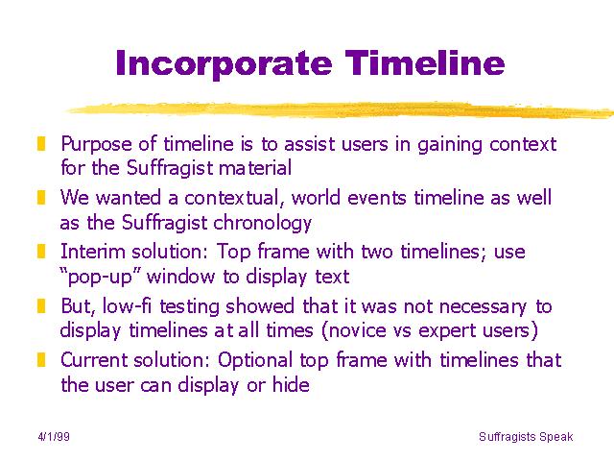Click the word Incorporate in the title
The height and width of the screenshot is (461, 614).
pyautogui.click(x=224, y=64)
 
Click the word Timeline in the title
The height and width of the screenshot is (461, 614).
pyautogui.click(x=425, y=62)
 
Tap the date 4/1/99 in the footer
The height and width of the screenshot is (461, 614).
pyautogui.click(x=54, y=436)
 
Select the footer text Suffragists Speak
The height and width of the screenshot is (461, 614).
pyautogui.click(x=526, y=437)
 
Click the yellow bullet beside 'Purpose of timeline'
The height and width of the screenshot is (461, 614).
pyautogui.click(x=41, y=143)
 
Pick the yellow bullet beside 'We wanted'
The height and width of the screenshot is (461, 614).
pyautogui.click(x=41, y=198)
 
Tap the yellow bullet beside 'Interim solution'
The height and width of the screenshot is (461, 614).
pyautogui.click(x=41, y=252)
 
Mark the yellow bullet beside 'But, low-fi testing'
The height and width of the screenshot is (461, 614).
pyautogui.click(x=41, y=305)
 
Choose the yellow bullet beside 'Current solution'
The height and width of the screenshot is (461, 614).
pyautogui.click(x=41, y=359)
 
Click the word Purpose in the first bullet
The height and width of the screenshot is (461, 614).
pyautogui.click(x=97, y=145)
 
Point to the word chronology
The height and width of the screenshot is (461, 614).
pyautogui.click(x=262, y=223)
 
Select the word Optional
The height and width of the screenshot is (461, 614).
pyautogui.click(x=255, y=361)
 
